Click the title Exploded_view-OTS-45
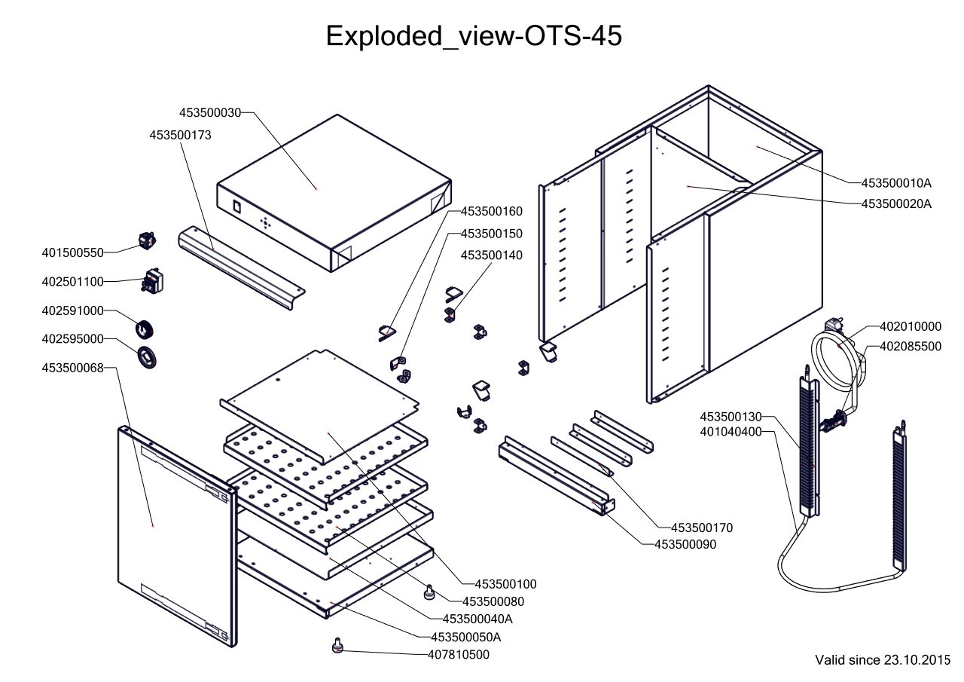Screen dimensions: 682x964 pos(474,35)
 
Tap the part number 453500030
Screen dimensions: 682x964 pos(210,112)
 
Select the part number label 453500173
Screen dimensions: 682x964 pos(180,135)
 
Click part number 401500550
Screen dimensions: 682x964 pos(72,252)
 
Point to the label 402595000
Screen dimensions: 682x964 pos(72,339)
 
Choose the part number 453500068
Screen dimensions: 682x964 pos(72,368)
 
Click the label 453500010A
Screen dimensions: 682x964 pos(896,182)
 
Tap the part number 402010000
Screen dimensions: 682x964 pos(911,326)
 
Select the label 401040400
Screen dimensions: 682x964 pos(731,432)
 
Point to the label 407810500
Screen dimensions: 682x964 pos(459,655)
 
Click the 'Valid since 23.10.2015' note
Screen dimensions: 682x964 pos(883,660)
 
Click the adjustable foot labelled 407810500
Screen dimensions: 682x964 pos(337,646)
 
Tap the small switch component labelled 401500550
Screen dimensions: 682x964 pos(146,241)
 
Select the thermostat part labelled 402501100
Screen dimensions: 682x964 pos(151,282)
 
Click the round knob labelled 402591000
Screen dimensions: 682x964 pos(144,329)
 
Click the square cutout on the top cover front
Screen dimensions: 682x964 pos(236,205)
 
